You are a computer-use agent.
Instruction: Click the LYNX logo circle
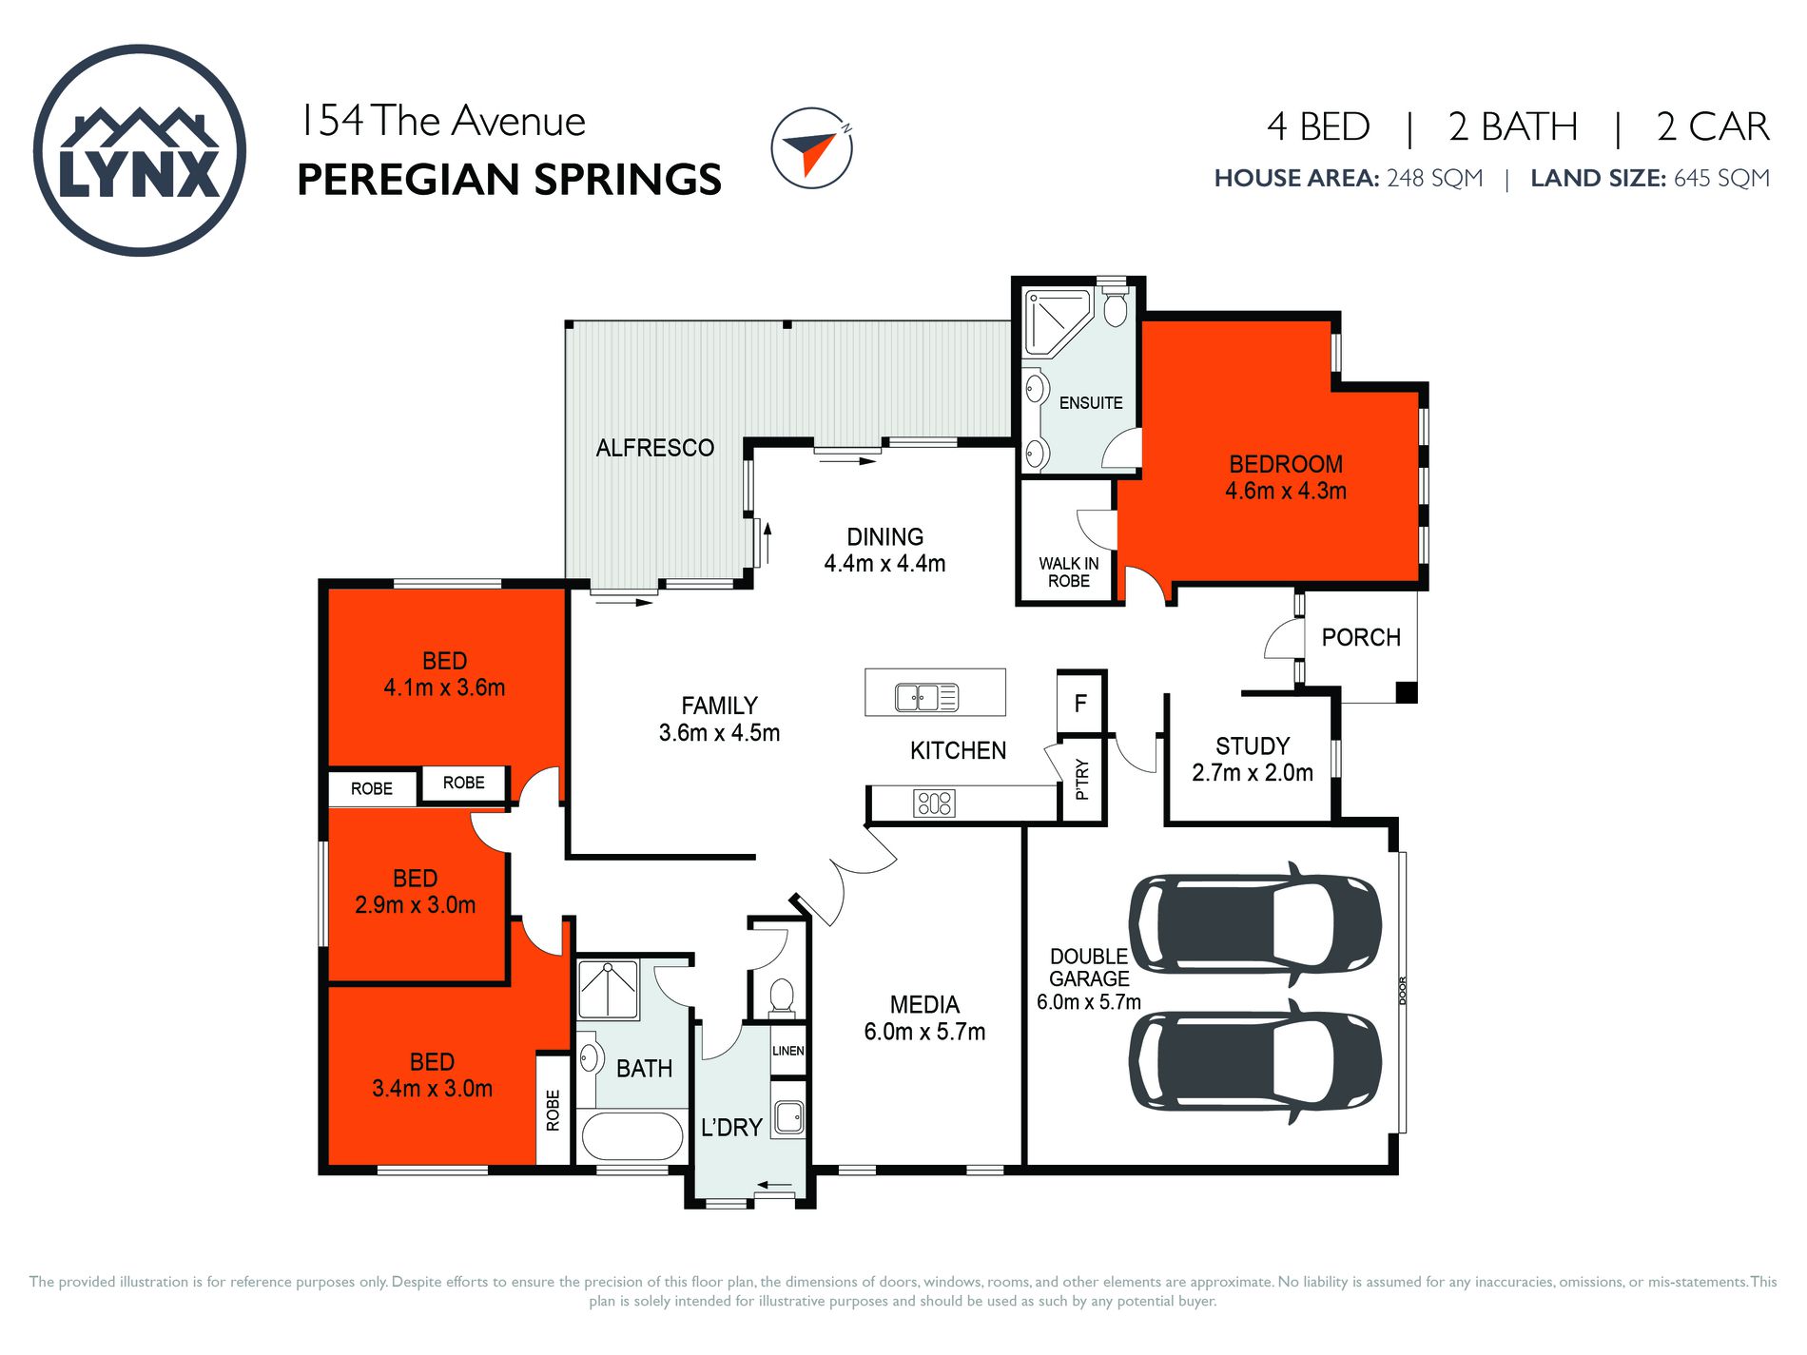coord(140,150)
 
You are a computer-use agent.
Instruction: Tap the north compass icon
coord(811,147)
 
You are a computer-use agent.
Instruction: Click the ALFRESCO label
coord(654,448)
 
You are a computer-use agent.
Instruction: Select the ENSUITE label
coord(1091,403)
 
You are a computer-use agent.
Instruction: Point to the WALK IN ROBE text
coord(1068,572)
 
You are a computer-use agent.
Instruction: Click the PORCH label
coord(1360,637)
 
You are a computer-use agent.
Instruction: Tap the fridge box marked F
coord(1080,704)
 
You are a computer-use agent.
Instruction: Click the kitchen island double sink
coord(926,697)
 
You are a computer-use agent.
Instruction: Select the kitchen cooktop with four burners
coord(933,803)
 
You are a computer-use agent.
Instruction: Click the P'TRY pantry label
coord(1082,779)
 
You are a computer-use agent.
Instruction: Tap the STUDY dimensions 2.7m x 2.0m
coord(1252,773)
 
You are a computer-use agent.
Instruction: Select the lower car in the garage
coord(1254,1061)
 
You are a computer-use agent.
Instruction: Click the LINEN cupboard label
coord(787,1051)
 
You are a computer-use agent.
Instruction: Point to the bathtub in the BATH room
coord(631,1135)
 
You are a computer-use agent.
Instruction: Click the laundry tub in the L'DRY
coord(788,1117)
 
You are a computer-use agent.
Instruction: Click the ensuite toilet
coord(1116,307)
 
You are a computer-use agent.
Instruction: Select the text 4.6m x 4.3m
coord(1285,492)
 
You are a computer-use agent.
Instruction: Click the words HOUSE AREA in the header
coord(1295,179)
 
